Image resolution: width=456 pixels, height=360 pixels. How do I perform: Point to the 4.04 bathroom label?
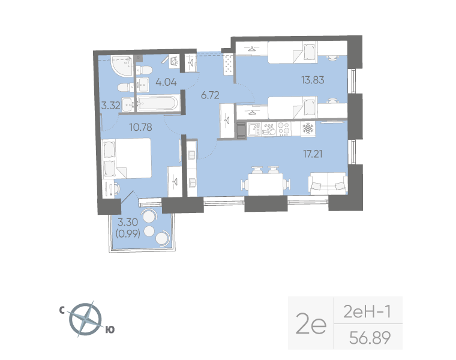tap(166, 82)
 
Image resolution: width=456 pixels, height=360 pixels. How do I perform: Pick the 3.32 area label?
tap(110, 106)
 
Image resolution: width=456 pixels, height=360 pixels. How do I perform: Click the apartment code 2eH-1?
tap(367, 312)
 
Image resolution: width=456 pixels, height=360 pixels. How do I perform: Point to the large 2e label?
tap(311, 325)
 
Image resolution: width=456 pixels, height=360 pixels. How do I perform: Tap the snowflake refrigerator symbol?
tap(307, 129)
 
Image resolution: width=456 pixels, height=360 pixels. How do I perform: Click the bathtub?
tap(156, 103)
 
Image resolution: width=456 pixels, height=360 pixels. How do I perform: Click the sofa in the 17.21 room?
tap(327, 184)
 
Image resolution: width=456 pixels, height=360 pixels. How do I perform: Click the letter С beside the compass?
tap(62, 310)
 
